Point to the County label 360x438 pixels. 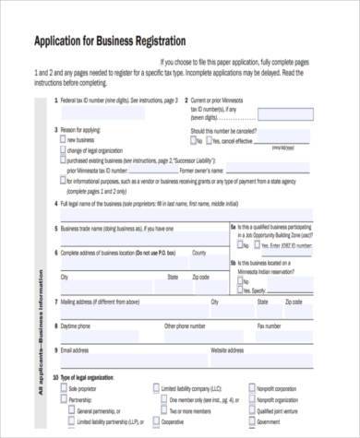198,251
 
